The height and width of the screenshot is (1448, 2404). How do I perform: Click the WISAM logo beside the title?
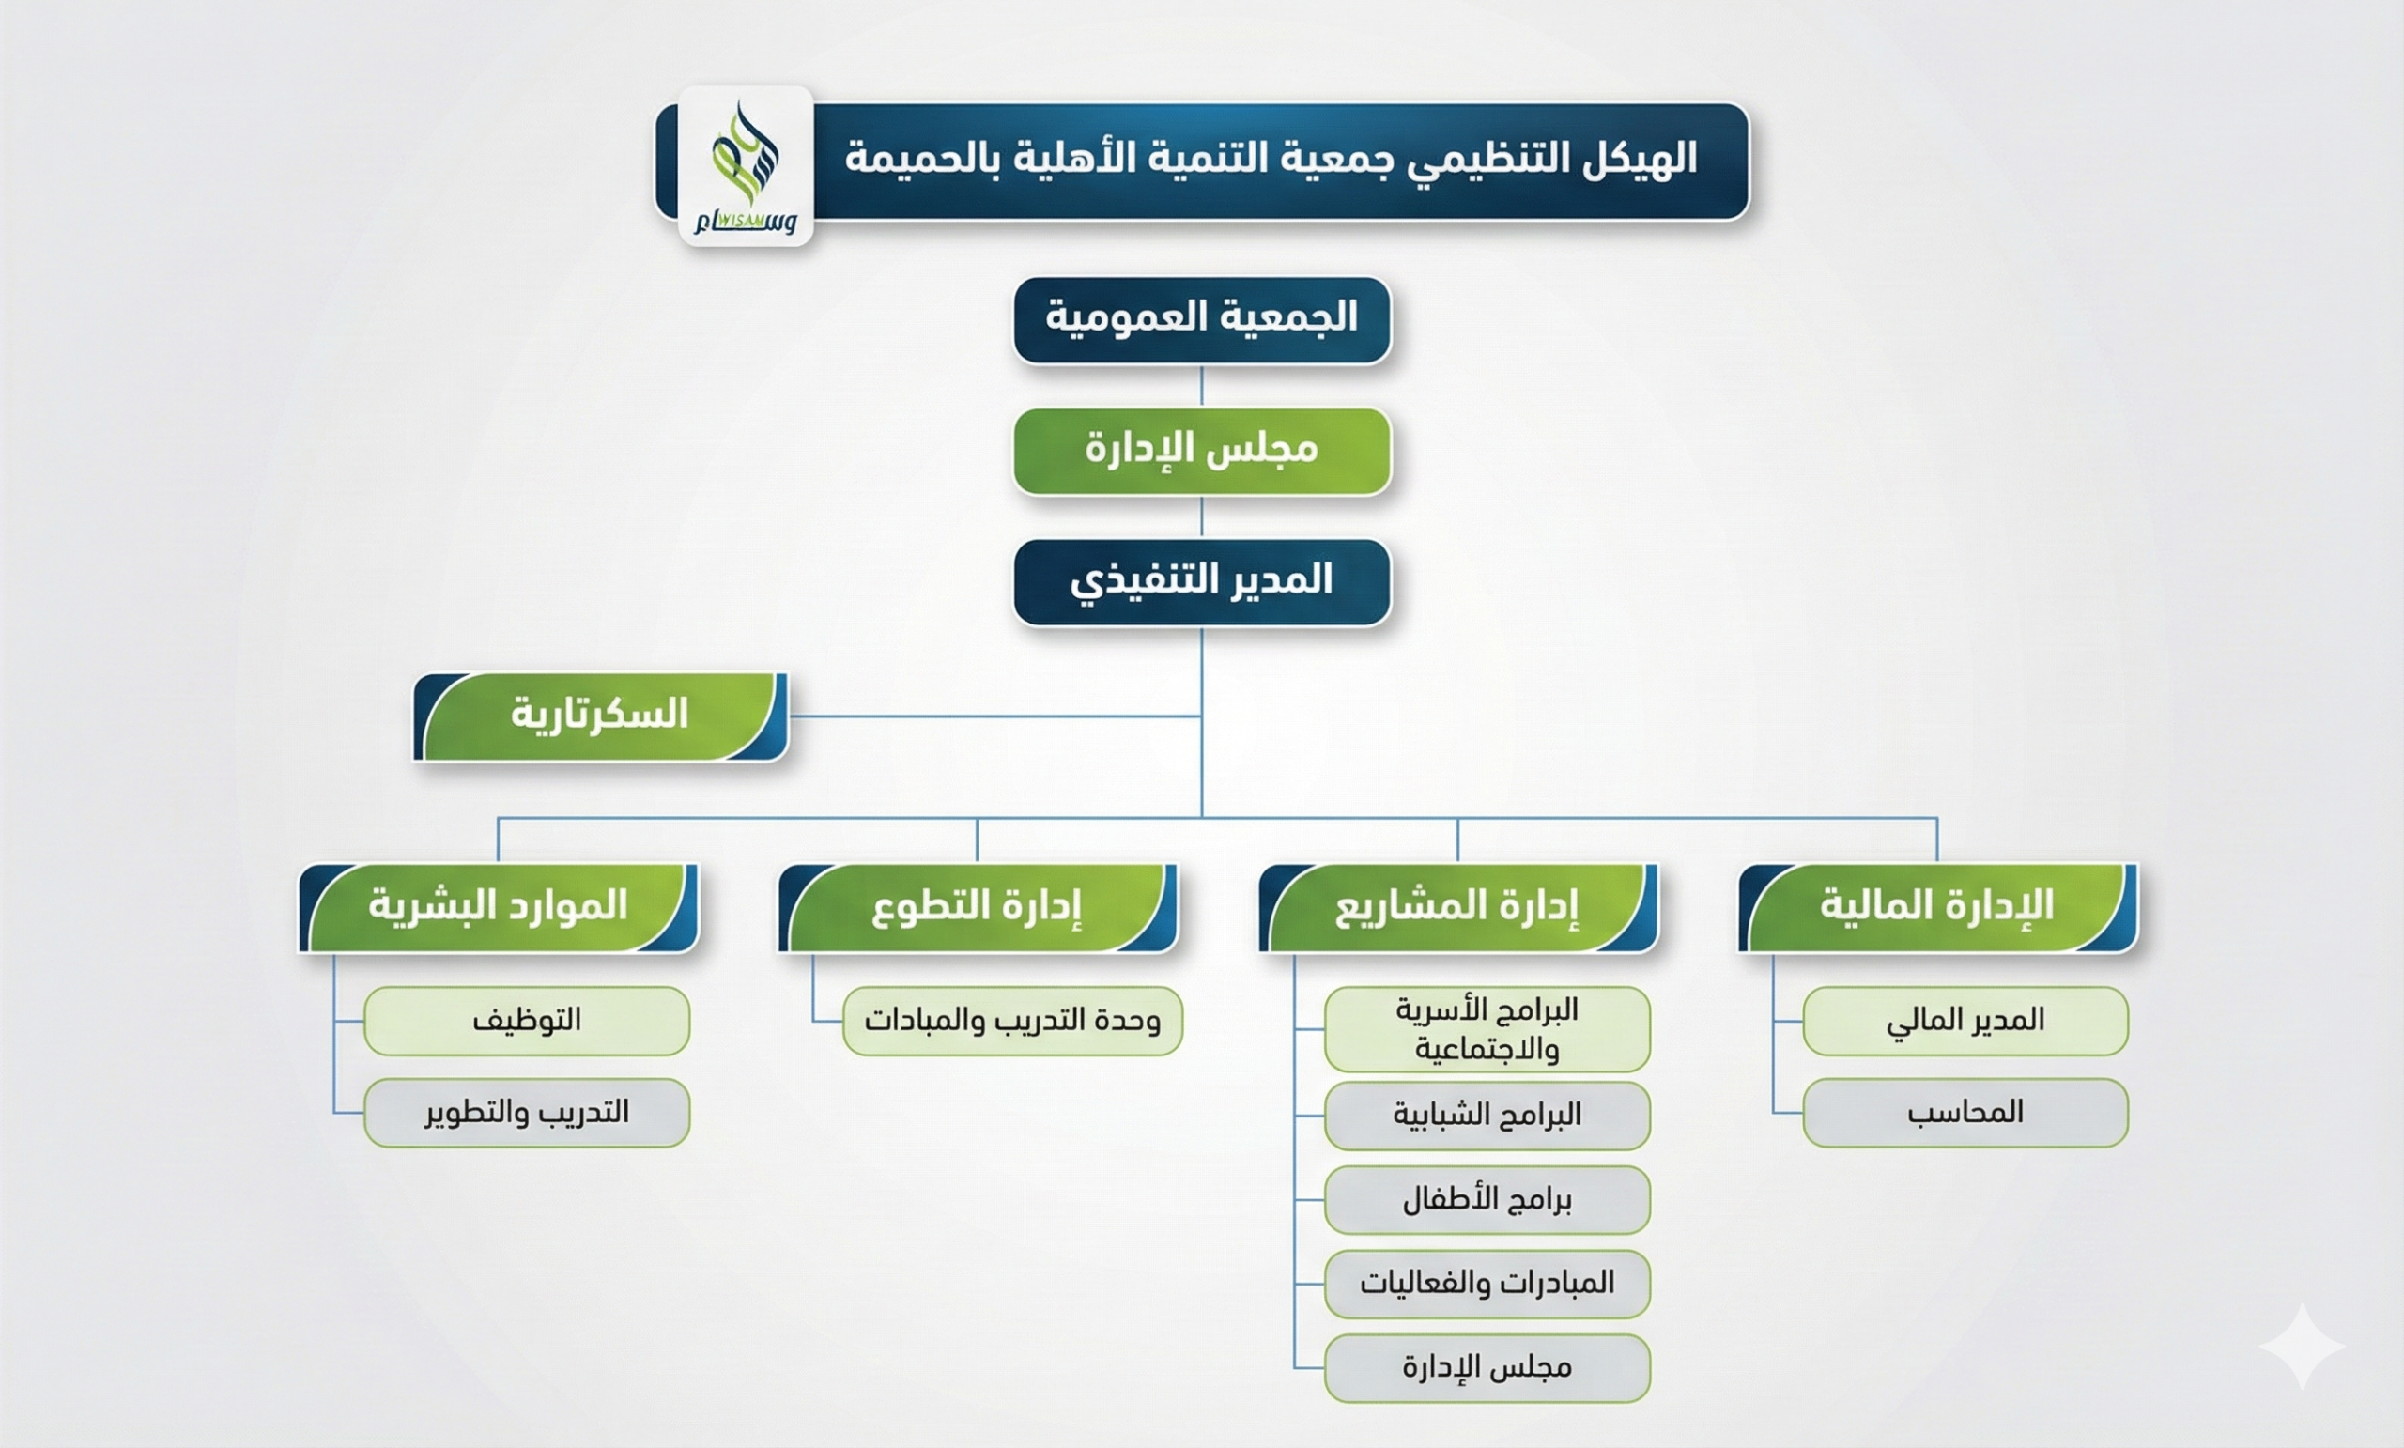tap(746, 166)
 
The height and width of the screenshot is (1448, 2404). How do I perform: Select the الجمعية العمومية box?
tap(1202, 320)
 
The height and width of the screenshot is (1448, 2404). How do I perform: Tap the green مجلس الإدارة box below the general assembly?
tap(1202, 451)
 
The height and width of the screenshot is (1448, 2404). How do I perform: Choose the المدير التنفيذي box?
tap(1202, 581)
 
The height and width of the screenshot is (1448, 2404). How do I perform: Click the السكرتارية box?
tap(601, 716)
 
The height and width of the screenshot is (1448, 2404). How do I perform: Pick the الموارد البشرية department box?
tap(499, 907)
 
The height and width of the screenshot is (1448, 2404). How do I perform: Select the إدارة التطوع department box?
tap(978, 907)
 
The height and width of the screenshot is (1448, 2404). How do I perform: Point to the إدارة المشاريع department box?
tap(1457, 907)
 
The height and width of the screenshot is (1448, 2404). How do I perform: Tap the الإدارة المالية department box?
tap(1937, 907)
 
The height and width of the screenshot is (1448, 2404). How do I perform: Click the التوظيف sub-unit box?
tap(527, 1021)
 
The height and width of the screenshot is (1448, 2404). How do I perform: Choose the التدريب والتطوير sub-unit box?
tap(527, 1113)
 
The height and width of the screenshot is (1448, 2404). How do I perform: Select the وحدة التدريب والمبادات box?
tap(1012, 1021)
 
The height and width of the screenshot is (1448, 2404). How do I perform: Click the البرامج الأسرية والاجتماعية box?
tap(1487, 1028)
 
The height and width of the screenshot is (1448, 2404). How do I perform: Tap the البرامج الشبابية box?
tap(1487, 1116)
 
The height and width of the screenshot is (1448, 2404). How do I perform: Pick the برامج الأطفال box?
tap(1487, 1199)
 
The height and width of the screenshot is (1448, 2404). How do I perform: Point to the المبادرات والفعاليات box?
tap(1487, 1283)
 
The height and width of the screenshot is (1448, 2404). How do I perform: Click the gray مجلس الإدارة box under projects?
tap(1487, 1368)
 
